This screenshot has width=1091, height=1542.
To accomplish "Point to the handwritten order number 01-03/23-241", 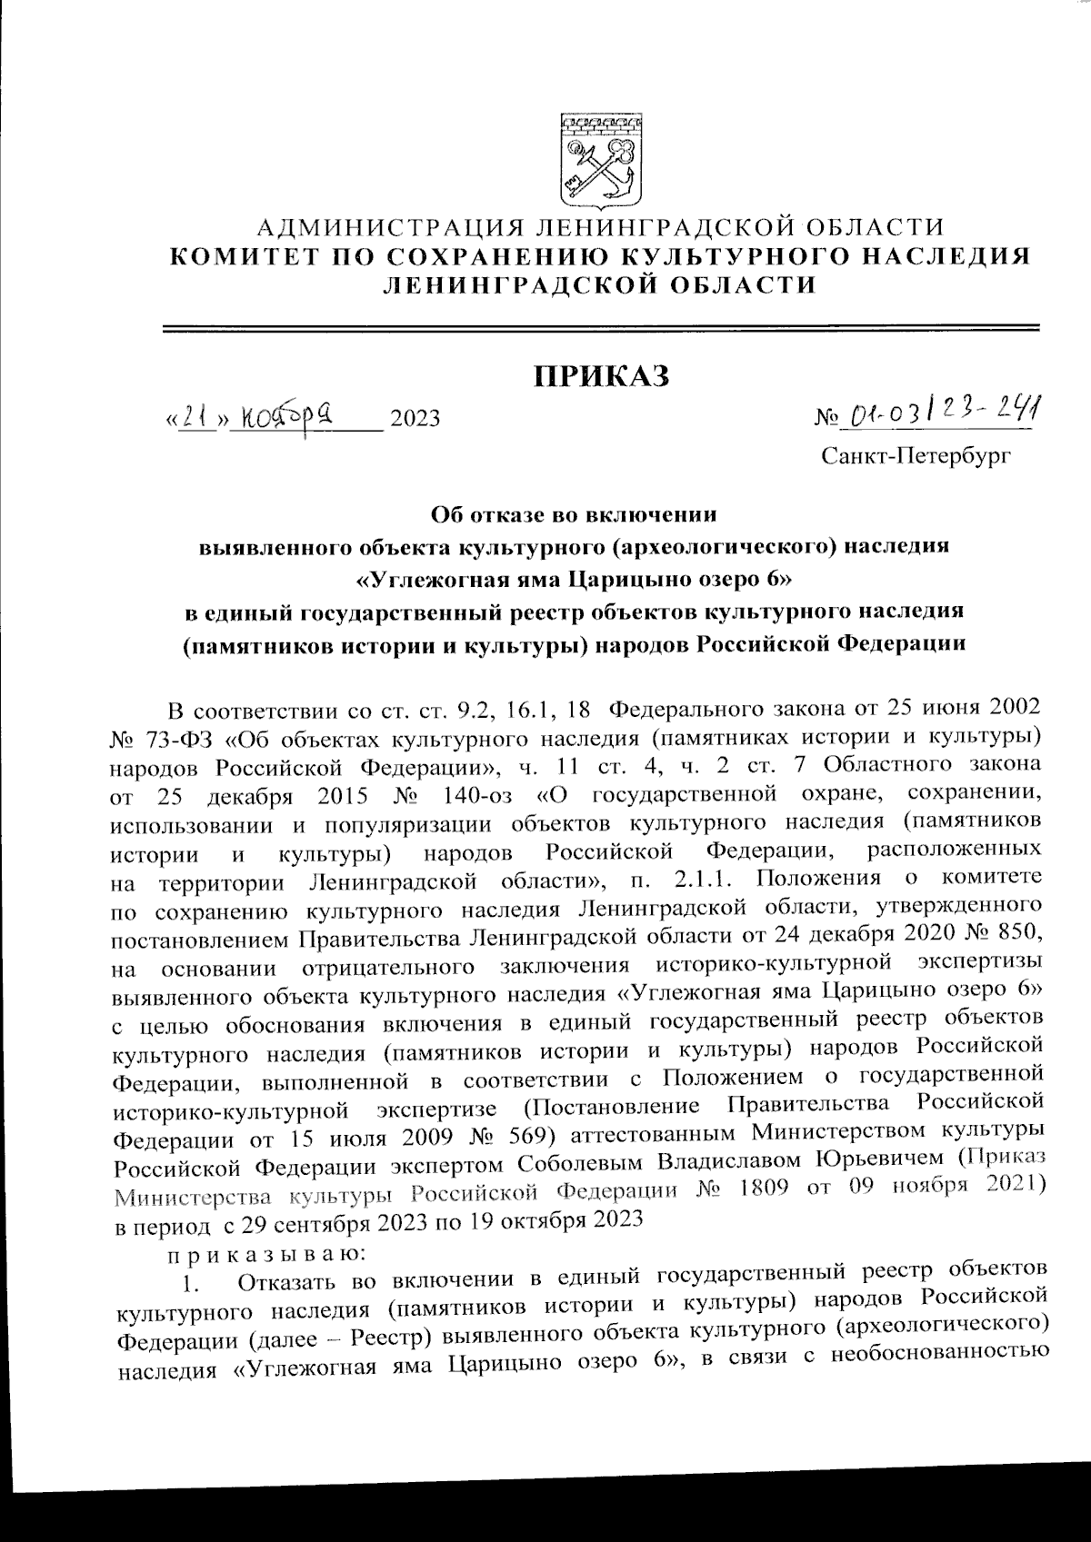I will click(942, 416).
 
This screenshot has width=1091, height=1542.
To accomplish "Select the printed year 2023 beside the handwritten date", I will click(415, 419).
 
